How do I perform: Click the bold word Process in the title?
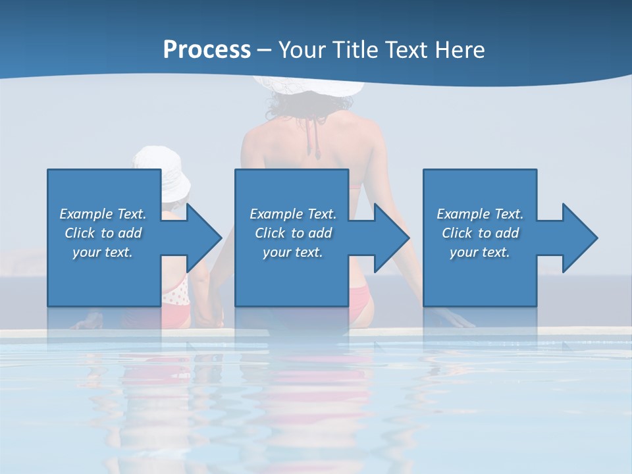tap(207, 50)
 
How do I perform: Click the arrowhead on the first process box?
tap(203, 238)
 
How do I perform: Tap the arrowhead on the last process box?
tap(579, 238)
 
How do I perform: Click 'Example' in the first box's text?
tap(86, 214)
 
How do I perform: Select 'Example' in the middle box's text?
tap(276, 214)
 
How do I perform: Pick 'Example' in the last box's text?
tap(463, 214)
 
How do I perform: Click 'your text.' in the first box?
tap(103, 252)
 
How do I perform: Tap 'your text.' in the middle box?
tap(293, 252)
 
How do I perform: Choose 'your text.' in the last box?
tap(480, 252)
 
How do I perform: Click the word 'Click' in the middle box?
tap(271, 233)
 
